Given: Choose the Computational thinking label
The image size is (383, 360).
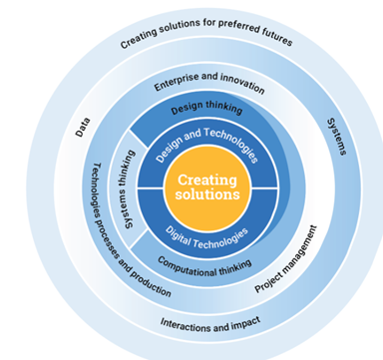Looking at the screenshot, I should click(204, 266).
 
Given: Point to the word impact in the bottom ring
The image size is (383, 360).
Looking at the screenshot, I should click(238, 322).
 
